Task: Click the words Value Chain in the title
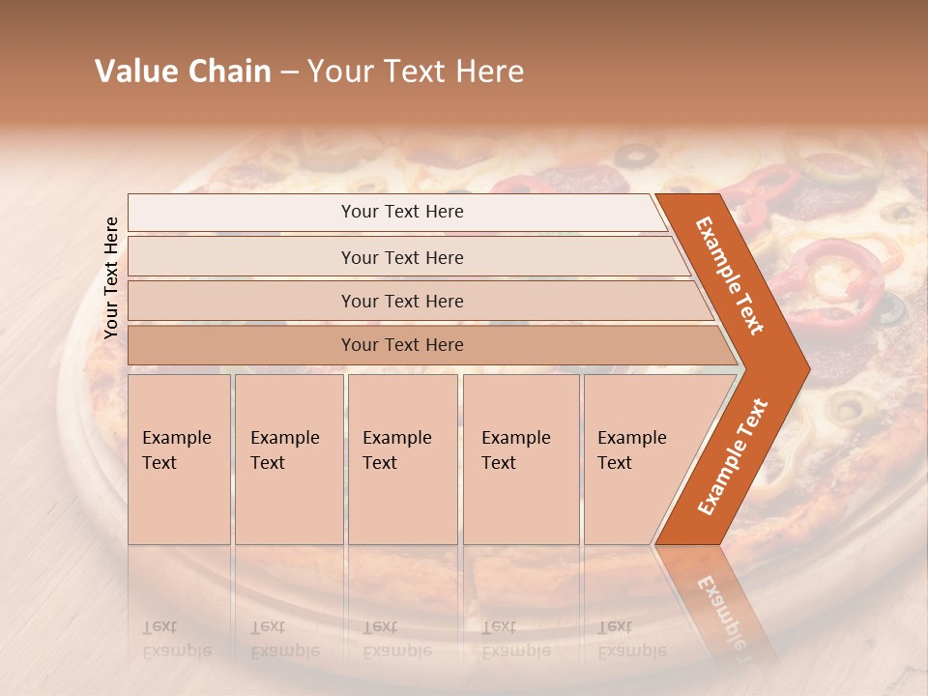(183, 72)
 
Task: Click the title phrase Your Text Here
(416, 72)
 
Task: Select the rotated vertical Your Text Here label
(111, 277)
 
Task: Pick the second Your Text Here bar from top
(402, 257)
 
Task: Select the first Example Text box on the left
(179, 459)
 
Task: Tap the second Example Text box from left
(288, 459)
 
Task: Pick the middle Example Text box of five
(402, 459)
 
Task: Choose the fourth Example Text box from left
(521, 459)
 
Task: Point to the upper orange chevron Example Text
(731, 275)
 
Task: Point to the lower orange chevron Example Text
(733, 456)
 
